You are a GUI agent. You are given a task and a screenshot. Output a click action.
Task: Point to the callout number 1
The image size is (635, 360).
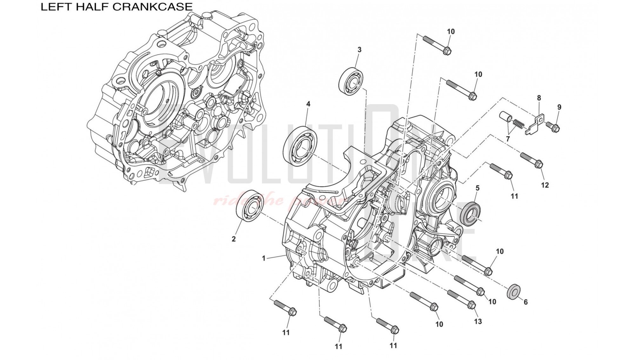tap(264, 258)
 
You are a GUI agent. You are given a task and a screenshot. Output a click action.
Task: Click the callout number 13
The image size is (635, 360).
tap(478, 321)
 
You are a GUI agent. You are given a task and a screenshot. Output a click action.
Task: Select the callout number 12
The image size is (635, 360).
tap(545, 185)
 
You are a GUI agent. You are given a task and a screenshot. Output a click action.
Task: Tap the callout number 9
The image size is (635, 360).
tap(559, 107)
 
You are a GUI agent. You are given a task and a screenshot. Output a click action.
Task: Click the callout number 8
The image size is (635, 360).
tap(539, 98)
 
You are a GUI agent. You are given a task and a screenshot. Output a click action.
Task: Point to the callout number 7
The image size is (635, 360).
tap(508, 139)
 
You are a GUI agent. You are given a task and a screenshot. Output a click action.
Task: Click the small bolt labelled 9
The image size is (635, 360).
tap(553, 127)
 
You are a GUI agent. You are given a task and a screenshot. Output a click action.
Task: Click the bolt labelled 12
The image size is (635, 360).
tap(531, 160)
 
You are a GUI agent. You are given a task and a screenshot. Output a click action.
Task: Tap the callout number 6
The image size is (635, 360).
tap(525, 302)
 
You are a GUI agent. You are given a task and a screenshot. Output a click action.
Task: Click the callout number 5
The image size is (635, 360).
tap(478, 188)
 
